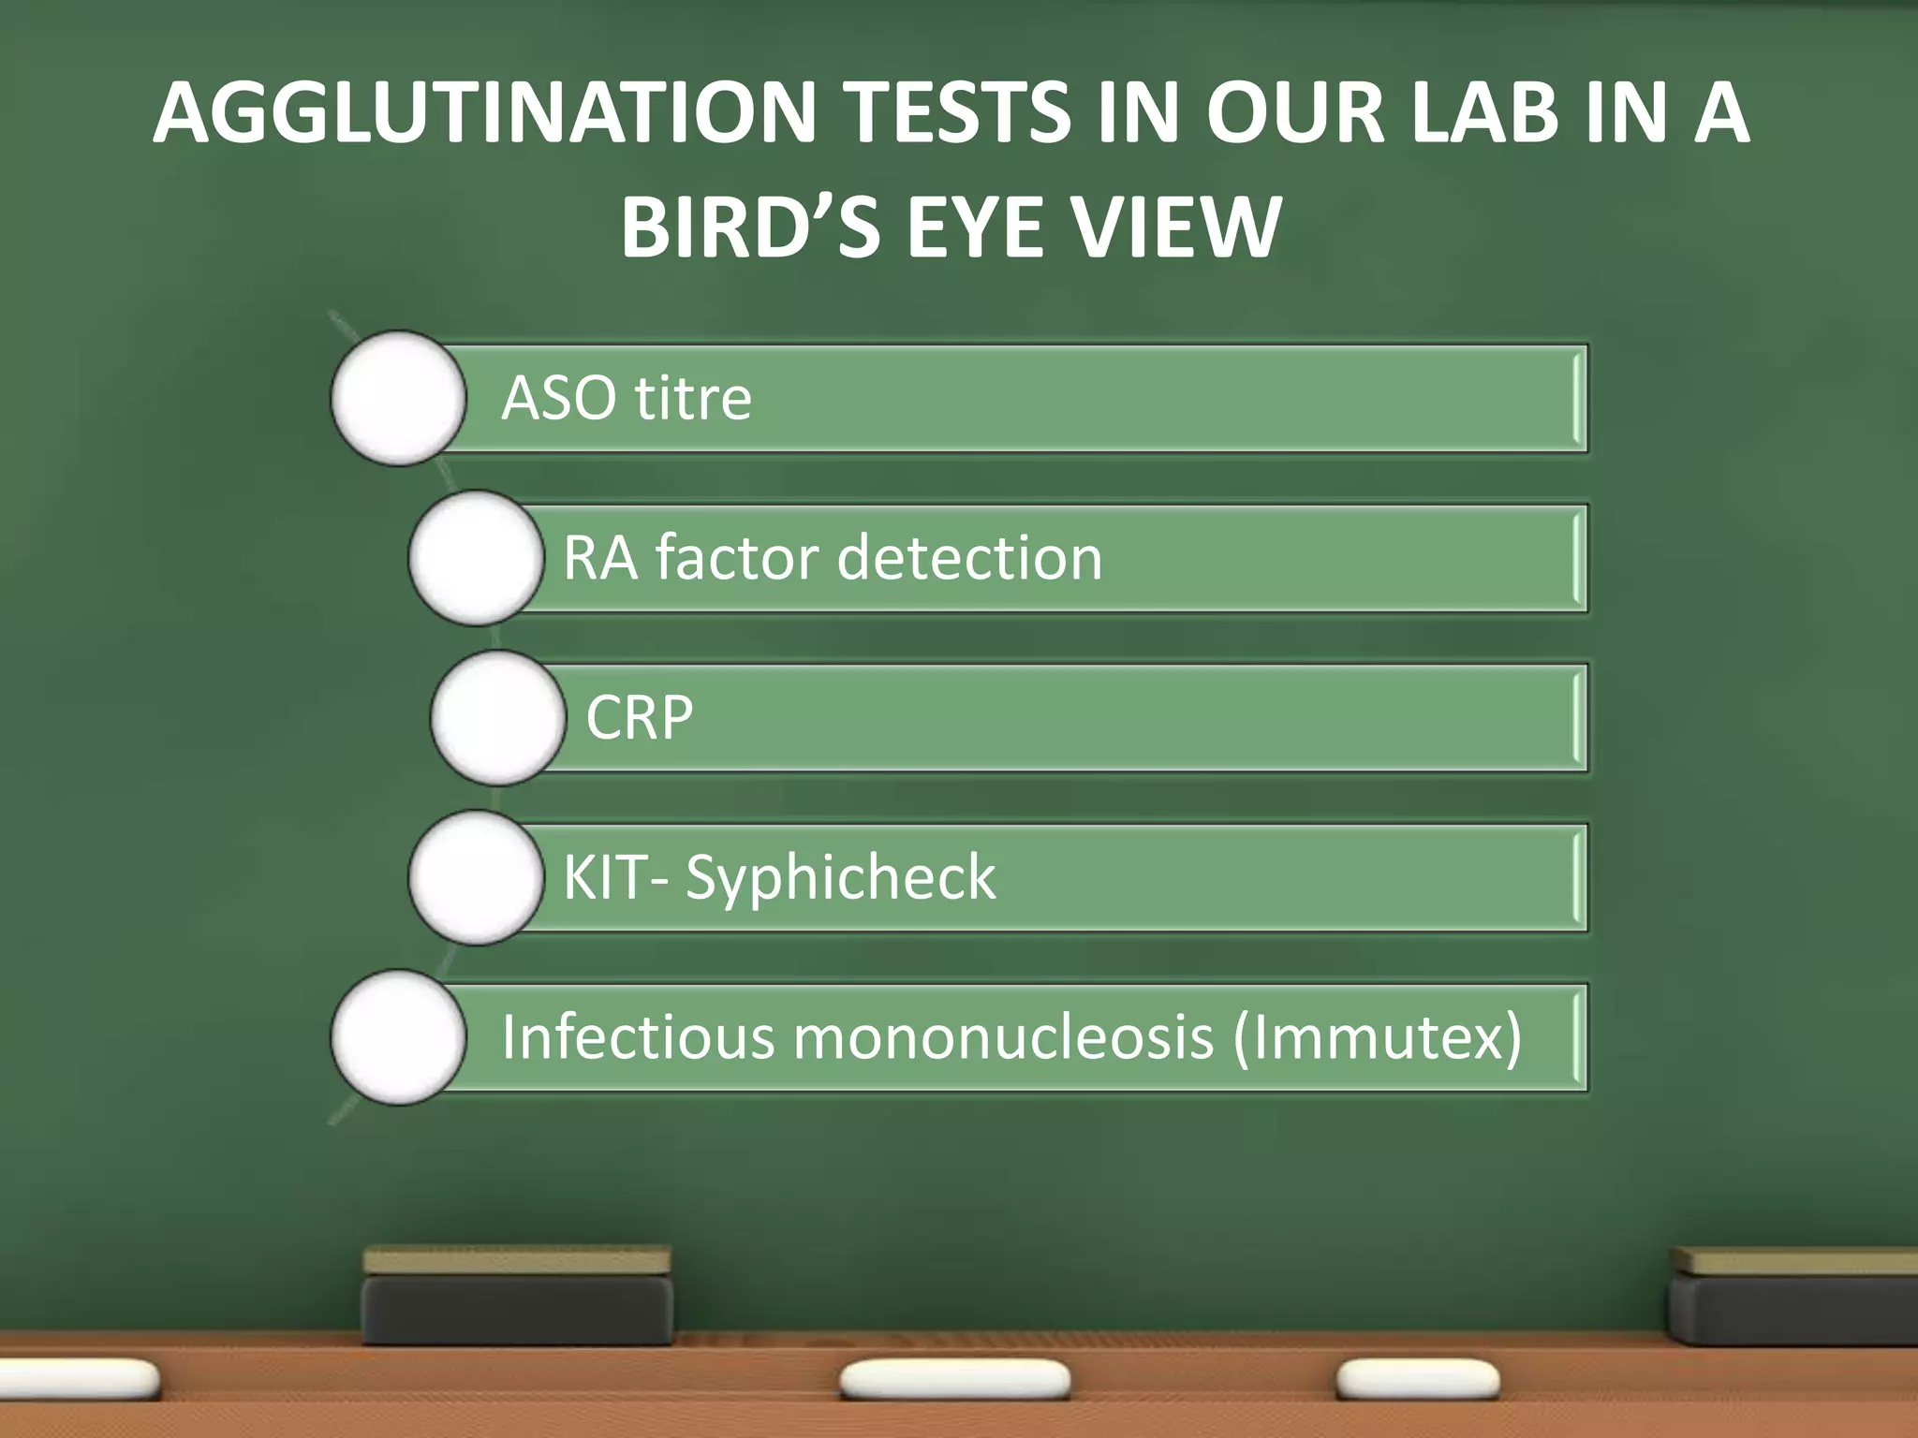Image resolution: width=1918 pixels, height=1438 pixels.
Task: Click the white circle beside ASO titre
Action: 398,398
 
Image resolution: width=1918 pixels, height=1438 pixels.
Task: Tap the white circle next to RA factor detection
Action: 476,558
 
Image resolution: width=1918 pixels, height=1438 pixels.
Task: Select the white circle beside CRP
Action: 498,718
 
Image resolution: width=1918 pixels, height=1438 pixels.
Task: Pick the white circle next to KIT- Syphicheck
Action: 476,878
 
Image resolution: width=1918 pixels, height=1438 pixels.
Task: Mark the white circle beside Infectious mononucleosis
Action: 398,1037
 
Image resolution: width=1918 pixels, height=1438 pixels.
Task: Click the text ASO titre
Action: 627,398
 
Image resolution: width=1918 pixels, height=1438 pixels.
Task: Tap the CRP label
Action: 640,718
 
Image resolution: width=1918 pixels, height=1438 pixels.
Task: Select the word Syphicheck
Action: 840,878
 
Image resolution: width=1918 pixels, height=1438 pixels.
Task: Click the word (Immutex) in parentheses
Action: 1378,1037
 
